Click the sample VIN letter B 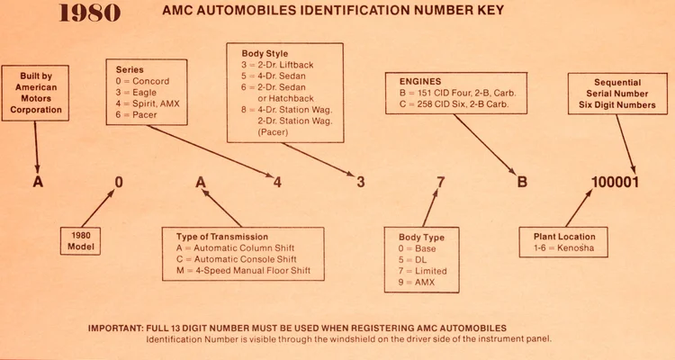[x=521, y=182]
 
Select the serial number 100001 [x=615, y=182]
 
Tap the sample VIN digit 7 [x=440, y=182]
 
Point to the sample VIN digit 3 [x=360, y=182]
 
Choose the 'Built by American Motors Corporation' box [x=38, y=94]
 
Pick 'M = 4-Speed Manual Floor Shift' [x=240, y=272]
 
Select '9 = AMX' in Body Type [x=417, y=283]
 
